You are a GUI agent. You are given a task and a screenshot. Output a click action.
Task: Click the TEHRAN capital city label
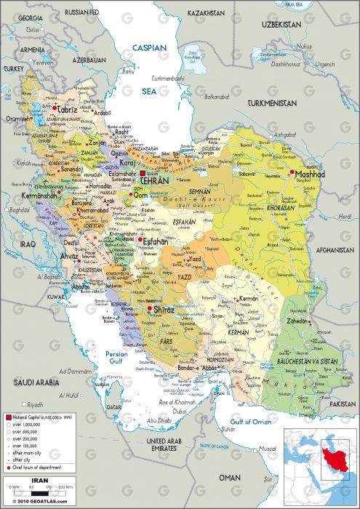click(x=155, y=180)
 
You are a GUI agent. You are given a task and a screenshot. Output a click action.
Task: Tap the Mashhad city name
click(x=309, y=175)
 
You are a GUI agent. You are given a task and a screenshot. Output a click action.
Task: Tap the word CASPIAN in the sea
click(x=149, y=47)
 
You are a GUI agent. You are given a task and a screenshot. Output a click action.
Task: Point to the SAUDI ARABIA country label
click(x=35, y=381)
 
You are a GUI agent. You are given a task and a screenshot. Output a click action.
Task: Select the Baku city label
click(x=129, y=71)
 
